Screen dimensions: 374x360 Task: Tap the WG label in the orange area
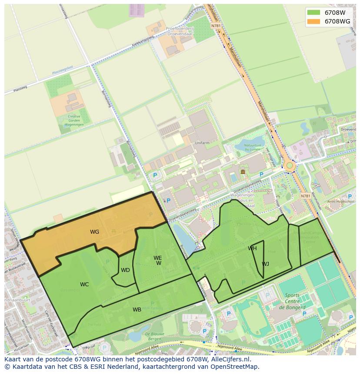click(x=94, y=232)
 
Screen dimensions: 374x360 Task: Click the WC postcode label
click(x=84, y=285)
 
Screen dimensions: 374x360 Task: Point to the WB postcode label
click(x=137, y=310)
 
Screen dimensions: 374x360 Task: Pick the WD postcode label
click(x=125, y=270)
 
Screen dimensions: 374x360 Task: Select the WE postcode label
click(x=157, y=258)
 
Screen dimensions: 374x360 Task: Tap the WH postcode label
click(x=252, y=248)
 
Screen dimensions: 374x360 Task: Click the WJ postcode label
click(x=265, y=264)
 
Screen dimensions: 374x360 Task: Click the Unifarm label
click(x=202, y=142)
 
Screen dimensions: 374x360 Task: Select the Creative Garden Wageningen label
click(x=74, y=120)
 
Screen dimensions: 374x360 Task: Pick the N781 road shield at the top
click(x=216, y=26)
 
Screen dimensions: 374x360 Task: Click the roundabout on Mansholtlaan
click(x=290, y=165)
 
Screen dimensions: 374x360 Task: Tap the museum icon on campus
click(x=243, y=172)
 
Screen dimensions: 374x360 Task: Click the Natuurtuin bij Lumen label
click(x=252, y=147)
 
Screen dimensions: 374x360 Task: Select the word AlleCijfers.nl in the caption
click(x=230, y=360)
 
